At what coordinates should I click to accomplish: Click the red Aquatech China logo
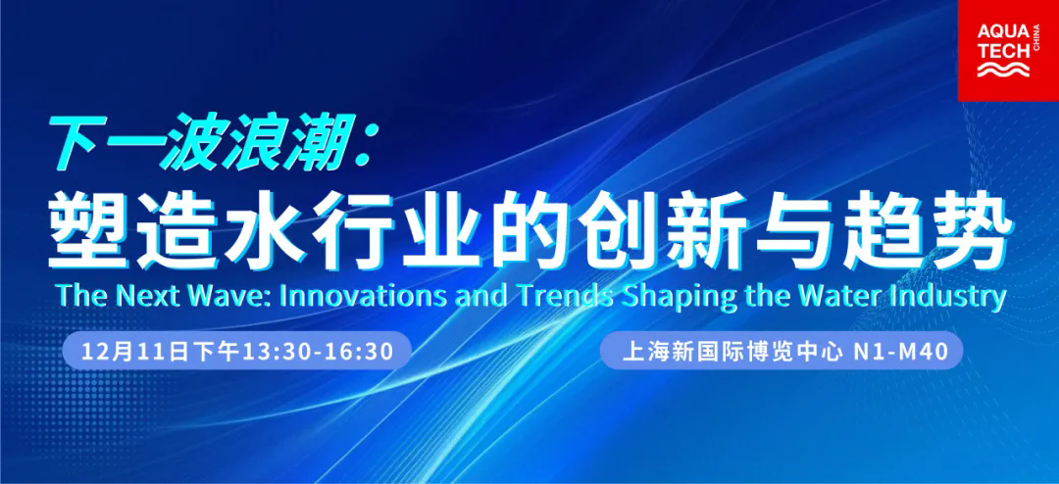[1008, 51]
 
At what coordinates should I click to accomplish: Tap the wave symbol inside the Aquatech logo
[1004, 69]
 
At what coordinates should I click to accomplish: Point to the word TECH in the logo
[1000, 50]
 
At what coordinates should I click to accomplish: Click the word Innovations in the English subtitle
[359, 296]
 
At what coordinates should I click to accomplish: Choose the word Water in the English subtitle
[843, 296]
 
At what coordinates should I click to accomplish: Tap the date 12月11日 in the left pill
[133, 351]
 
